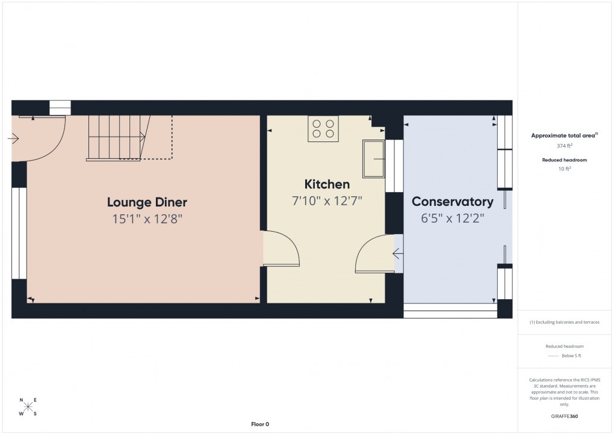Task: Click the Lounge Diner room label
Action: point(147,202)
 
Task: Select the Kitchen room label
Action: point(327,184)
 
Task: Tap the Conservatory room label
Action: point(452,202)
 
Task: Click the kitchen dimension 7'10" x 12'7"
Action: point(327,200)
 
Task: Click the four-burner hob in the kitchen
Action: point(323,129)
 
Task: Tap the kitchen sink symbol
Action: point(373,159)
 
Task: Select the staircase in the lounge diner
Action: point(117,138)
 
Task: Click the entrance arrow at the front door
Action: point(13,139)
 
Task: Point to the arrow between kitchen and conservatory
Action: point(398,253)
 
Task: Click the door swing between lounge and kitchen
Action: point(282,249)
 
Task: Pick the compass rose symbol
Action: point(28,406)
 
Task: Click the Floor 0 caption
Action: point(260,424)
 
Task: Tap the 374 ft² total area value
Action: point(564,146)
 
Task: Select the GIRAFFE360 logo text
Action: point(564,416)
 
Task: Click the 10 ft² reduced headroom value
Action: point(564,169)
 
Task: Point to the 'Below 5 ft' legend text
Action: point(571,356)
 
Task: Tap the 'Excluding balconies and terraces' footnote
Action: point(564,322)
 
